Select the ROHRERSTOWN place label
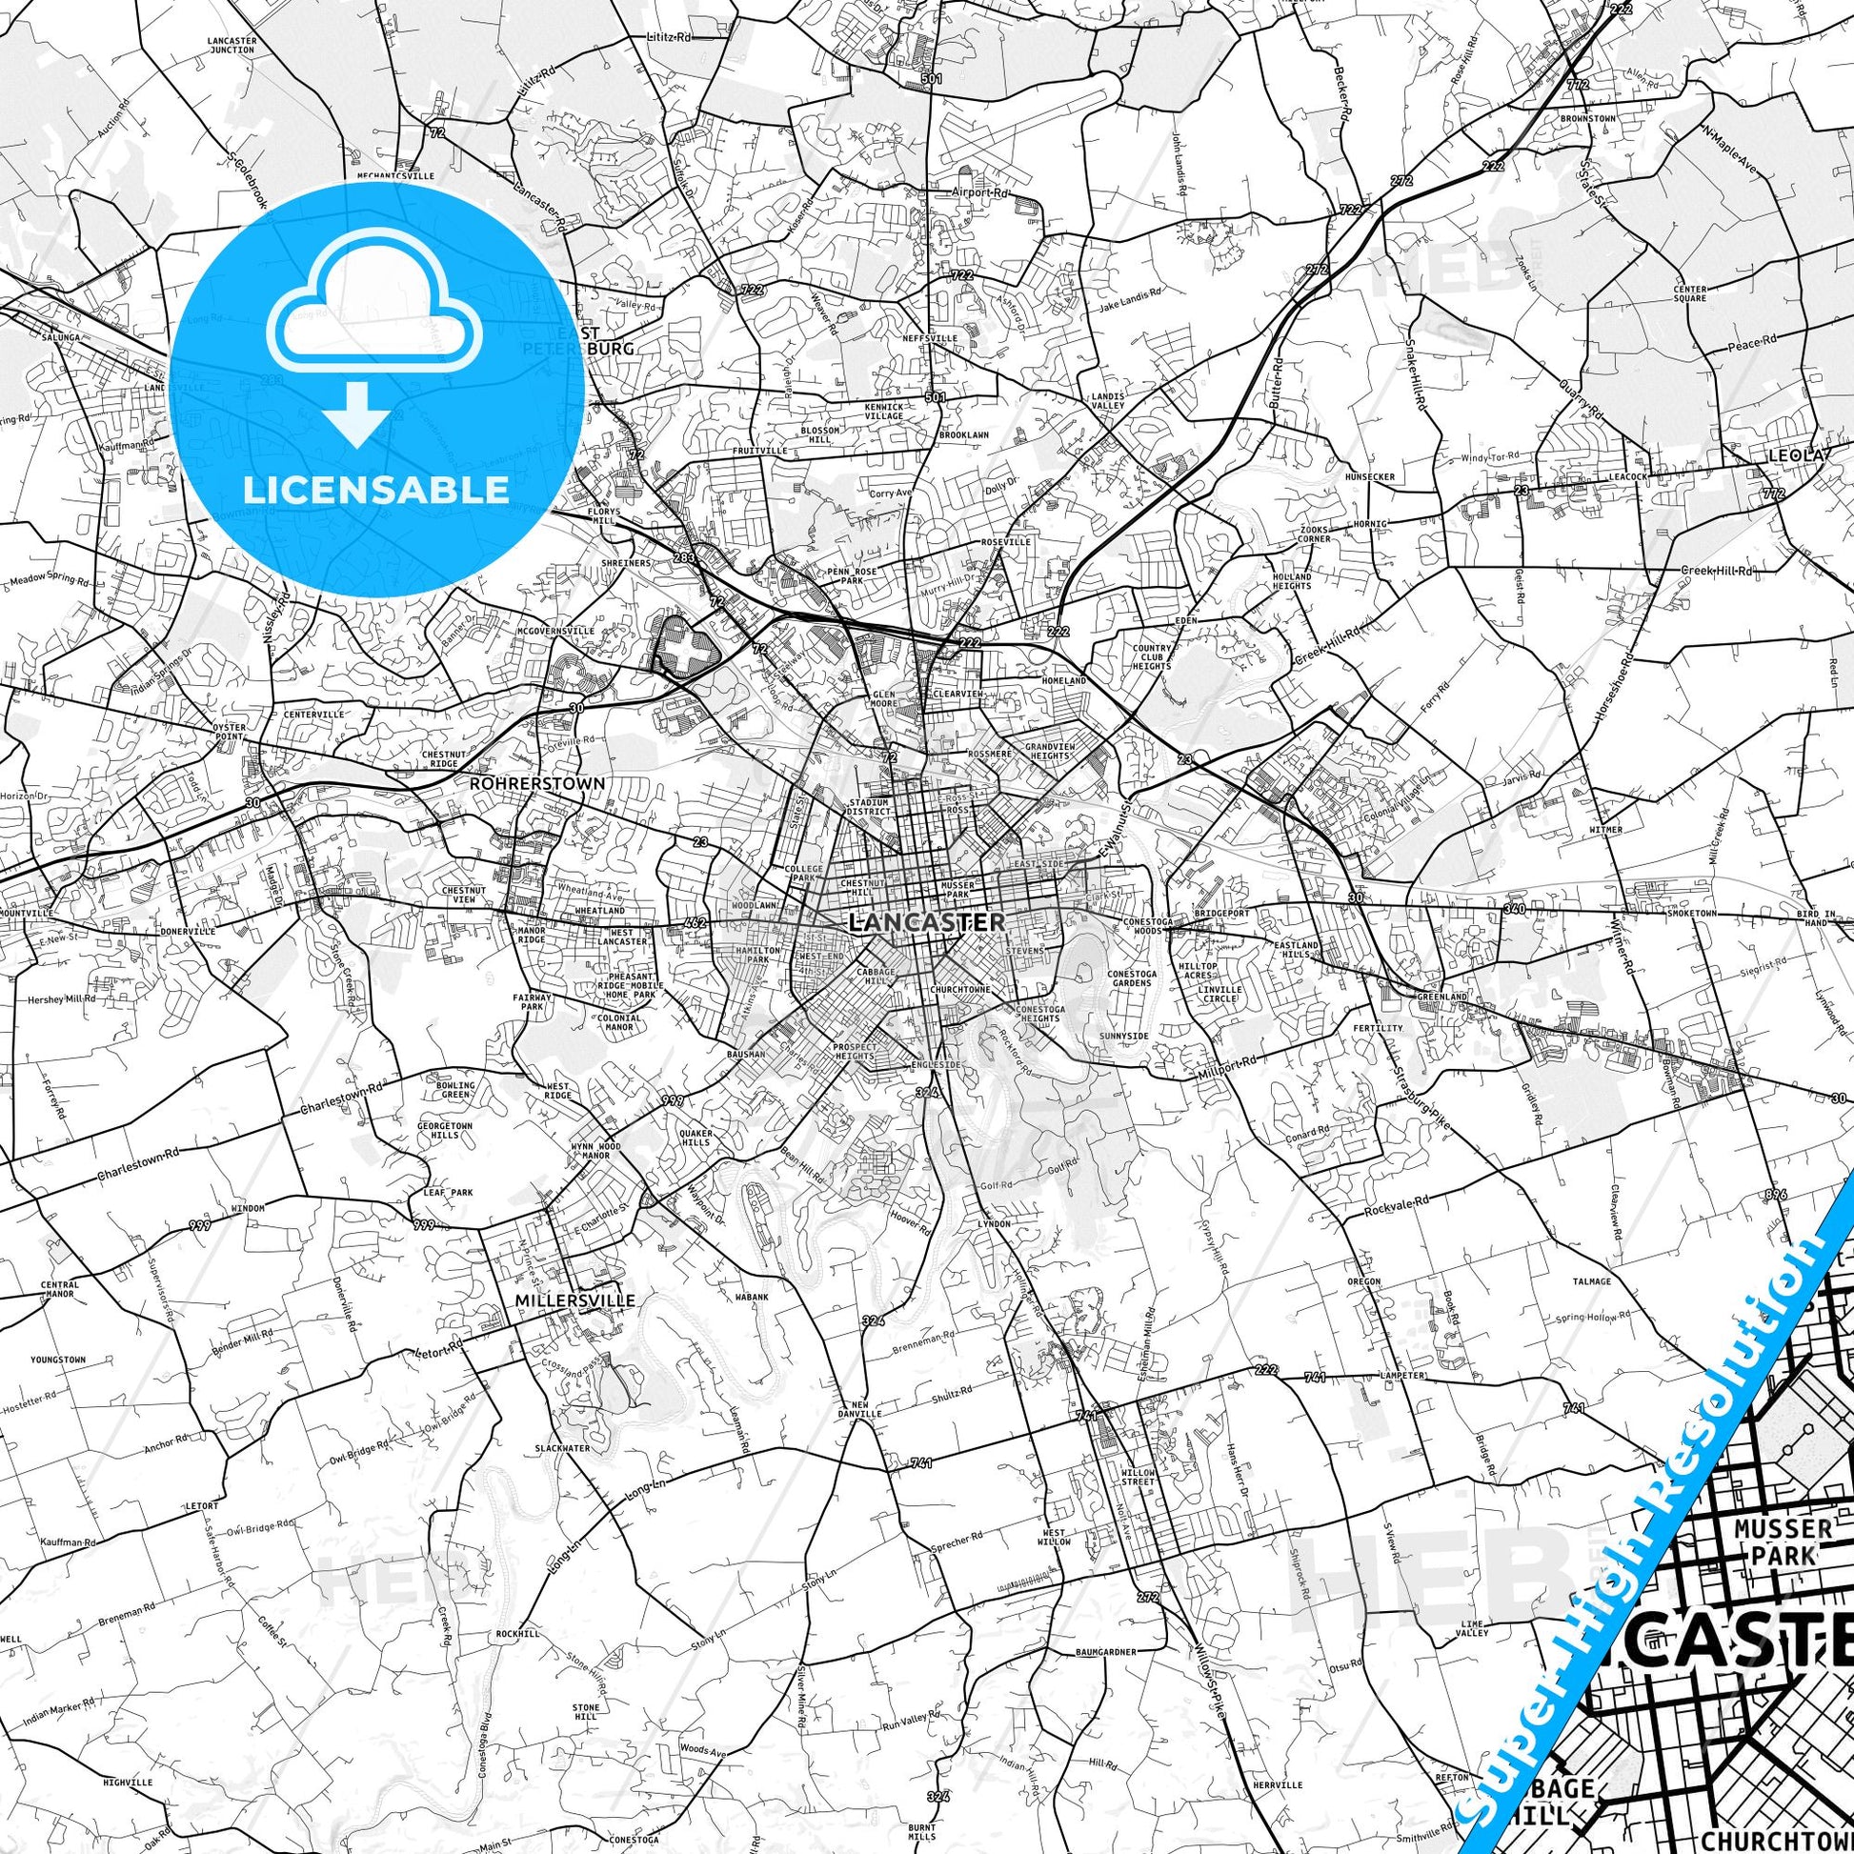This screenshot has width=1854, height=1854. tap(537, 783)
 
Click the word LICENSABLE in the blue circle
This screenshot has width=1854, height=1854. tap(376, 489)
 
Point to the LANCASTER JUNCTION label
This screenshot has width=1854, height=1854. tap(231, 44)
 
